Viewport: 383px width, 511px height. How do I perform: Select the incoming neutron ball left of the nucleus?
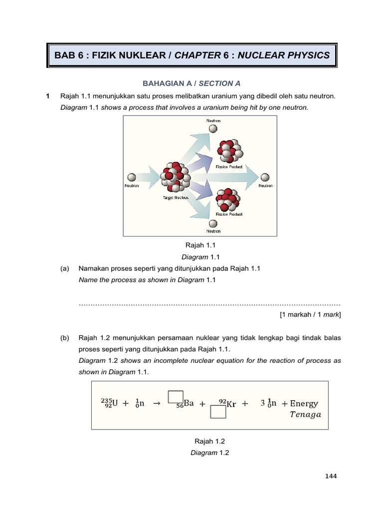tap(132, 177)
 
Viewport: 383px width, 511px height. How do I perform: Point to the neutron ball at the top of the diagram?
tap(213, 129)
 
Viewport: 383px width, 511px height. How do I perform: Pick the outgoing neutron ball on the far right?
tap(265, 177)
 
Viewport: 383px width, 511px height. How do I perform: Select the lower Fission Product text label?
tap(229, 214)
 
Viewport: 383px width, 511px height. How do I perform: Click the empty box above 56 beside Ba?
tap(176, 396)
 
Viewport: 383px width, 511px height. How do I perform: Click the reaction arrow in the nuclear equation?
tap(156, 403)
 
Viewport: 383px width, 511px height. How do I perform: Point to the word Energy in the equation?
tap(304, 403)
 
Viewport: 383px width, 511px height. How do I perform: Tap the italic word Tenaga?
tap(306, 415)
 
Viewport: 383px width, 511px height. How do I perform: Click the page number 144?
tap(331, 476)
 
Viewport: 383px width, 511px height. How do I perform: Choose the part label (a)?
tap(64, 268)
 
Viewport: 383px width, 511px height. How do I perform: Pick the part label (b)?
tap(64, 338)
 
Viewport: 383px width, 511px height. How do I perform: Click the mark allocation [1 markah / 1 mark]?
tap(310, 314)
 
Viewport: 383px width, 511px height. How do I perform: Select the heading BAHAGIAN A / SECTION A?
tap(191, 83)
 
